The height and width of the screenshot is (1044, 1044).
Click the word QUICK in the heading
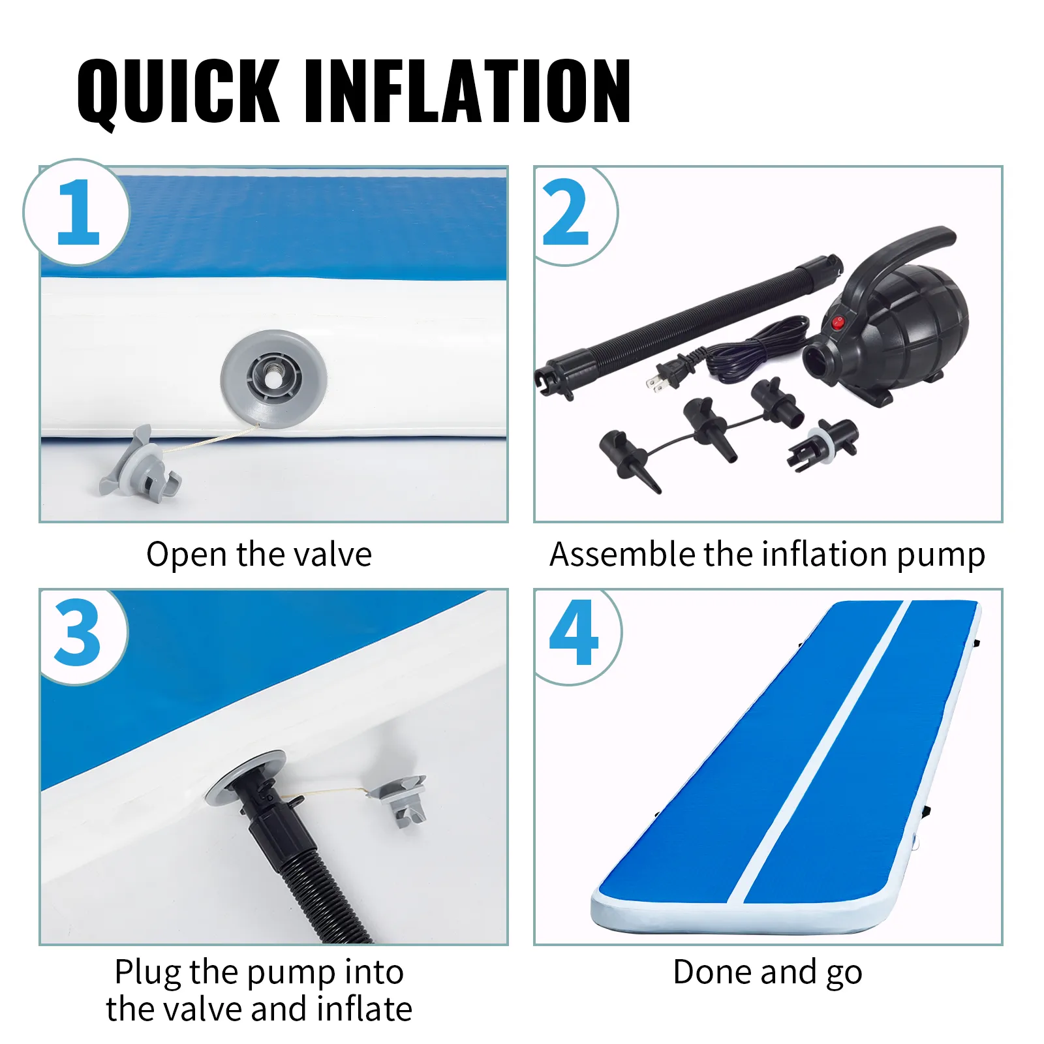(x=178, y=91)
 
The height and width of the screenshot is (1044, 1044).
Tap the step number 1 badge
(x=77, y=212)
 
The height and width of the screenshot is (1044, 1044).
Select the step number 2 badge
(x=568, y=213)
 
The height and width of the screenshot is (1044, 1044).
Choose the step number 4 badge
(x=574, y=633)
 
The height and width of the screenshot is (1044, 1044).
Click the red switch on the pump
(x=838, y=322)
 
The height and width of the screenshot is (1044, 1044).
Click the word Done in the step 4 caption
(x=712, y=972)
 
